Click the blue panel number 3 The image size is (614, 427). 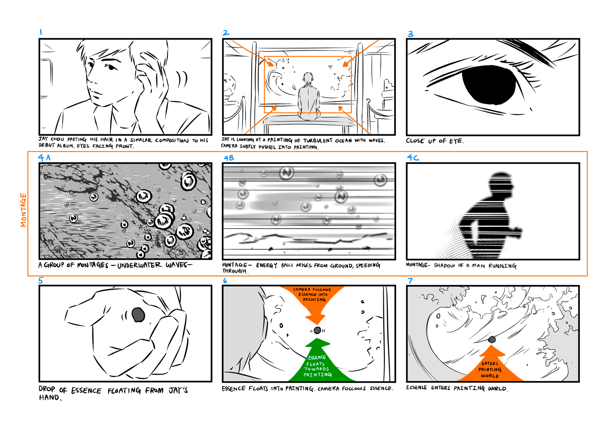(x=411, y=34)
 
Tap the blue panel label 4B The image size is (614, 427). (x=229, y=158)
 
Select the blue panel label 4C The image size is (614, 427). (x=413, y=157)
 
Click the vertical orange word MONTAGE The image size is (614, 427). (x=23, y=210)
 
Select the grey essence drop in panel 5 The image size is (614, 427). (x=138, y=314)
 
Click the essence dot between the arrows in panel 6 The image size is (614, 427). (x=317, y=330)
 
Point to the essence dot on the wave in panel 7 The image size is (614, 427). (x=492, y=339)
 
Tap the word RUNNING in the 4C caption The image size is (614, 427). (x=502, y=266)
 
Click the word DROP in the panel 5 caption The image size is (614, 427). (x=47, y=389)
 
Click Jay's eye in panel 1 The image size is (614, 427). (x=111, y=67)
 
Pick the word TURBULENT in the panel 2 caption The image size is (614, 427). (x=318, y=141)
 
